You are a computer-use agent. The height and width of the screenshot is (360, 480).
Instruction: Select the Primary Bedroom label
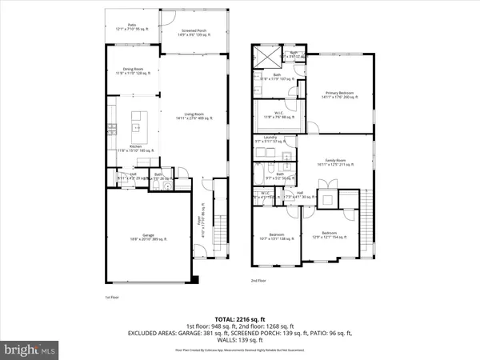pos(337,94)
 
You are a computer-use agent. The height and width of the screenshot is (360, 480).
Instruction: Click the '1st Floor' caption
pos(112,298)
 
